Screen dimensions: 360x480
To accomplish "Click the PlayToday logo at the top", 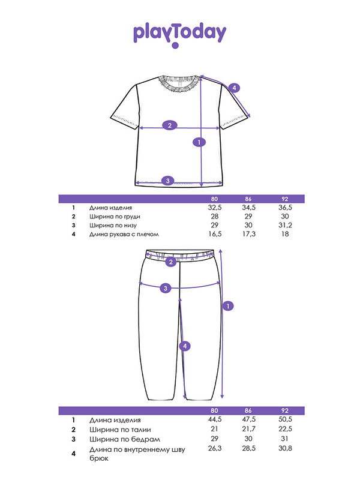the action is (x=179, y=34).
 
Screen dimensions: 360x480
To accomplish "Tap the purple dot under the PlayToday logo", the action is (x=175, y=46).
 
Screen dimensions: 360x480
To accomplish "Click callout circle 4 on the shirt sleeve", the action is (x=234, y=88).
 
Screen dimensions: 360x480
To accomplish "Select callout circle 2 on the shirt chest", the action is (x=170, y=125).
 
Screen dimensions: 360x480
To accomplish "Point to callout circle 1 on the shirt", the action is (x=199, y=142).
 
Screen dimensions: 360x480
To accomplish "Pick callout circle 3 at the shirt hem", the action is (x=168, y=181).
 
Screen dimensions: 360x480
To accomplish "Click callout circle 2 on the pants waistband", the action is (x=171, y=262).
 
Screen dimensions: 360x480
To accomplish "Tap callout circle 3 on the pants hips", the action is (x=166, y=288).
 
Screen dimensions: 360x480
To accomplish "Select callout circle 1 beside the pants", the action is (x=228, y=306).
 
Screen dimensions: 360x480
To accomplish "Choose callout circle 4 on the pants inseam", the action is (x=185, y=346).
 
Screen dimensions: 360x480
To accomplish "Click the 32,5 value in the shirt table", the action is (x=215, y=208).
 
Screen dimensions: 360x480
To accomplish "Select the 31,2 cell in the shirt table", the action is (x=285, y=226).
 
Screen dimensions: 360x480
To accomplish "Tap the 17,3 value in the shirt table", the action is (x=248, y=234).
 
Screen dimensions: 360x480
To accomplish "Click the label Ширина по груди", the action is (x=115, y=217).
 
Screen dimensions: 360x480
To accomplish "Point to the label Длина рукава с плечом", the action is (x=124, y=235).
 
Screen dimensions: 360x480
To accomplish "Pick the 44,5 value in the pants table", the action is (x=215, y=419).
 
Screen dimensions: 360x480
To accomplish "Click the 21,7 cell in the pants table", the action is (x=248, y=429).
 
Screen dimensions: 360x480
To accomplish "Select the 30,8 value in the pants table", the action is (x=285, y=448).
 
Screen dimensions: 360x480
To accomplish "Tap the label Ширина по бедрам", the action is (x=125, y=439).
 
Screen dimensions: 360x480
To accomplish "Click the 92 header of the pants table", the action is (x=285, y=410).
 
